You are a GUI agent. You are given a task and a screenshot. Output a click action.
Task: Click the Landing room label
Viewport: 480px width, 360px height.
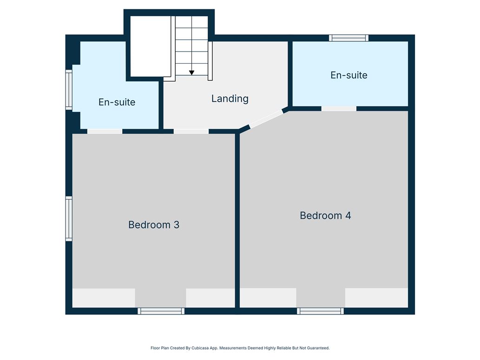pos(230,98)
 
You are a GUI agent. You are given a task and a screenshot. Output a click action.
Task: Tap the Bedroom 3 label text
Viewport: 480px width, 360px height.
pos(154,225)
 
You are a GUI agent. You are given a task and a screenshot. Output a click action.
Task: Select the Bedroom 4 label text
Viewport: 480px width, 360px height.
pos(325,216)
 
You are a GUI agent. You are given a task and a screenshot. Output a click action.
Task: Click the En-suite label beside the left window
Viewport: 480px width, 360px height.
pos(117,102)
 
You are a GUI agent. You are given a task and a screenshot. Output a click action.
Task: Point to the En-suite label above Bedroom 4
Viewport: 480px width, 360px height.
pos(348,75)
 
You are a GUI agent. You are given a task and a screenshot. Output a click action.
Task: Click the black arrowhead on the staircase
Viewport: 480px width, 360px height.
pos(191,73)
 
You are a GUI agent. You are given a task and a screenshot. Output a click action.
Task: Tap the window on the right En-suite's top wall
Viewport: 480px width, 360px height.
pos(348,38)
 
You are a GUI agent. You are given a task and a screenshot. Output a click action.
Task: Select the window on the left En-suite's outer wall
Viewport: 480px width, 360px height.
pos(69,90)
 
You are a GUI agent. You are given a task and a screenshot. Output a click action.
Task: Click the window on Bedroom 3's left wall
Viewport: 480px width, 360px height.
pos(69,219)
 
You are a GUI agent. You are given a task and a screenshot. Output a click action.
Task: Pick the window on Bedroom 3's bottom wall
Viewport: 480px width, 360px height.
pos(161,311)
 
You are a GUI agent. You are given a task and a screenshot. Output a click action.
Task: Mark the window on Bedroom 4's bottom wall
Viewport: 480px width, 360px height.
pos(320,311)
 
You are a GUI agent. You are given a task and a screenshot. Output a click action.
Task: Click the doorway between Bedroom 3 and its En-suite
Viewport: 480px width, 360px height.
pos(105,131)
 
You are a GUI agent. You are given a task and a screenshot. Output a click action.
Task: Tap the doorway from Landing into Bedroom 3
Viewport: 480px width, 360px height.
pos(191,131)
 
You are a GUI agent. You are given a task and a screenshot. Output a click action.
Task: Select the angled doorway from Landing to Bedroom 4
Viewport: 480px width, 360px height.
pos(266,119)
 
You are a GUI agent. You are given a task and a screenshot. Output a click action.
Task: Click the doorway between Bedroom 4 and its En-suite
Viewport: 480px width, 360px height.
pos(339,109)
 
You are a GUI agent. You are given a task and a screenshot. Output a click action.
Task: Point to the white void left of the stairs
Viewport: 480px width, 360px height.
pos(151,46)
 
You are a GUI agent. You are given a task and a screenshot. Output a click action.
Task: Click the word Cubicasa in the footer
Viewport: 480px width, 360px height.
pos(200,348)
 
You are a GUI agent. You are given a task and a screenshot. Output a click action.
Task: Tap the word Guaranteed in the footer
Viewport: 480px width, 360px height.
pos(319,348)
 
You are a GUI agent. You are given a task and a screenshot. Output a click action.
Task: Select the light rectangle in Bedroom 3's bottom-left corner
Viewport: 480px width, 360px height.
pos(104,298)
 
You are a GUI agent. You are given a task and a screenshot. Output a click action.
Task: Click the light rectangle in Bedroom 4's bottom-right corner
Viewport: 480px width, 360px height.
pos(376,298)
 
